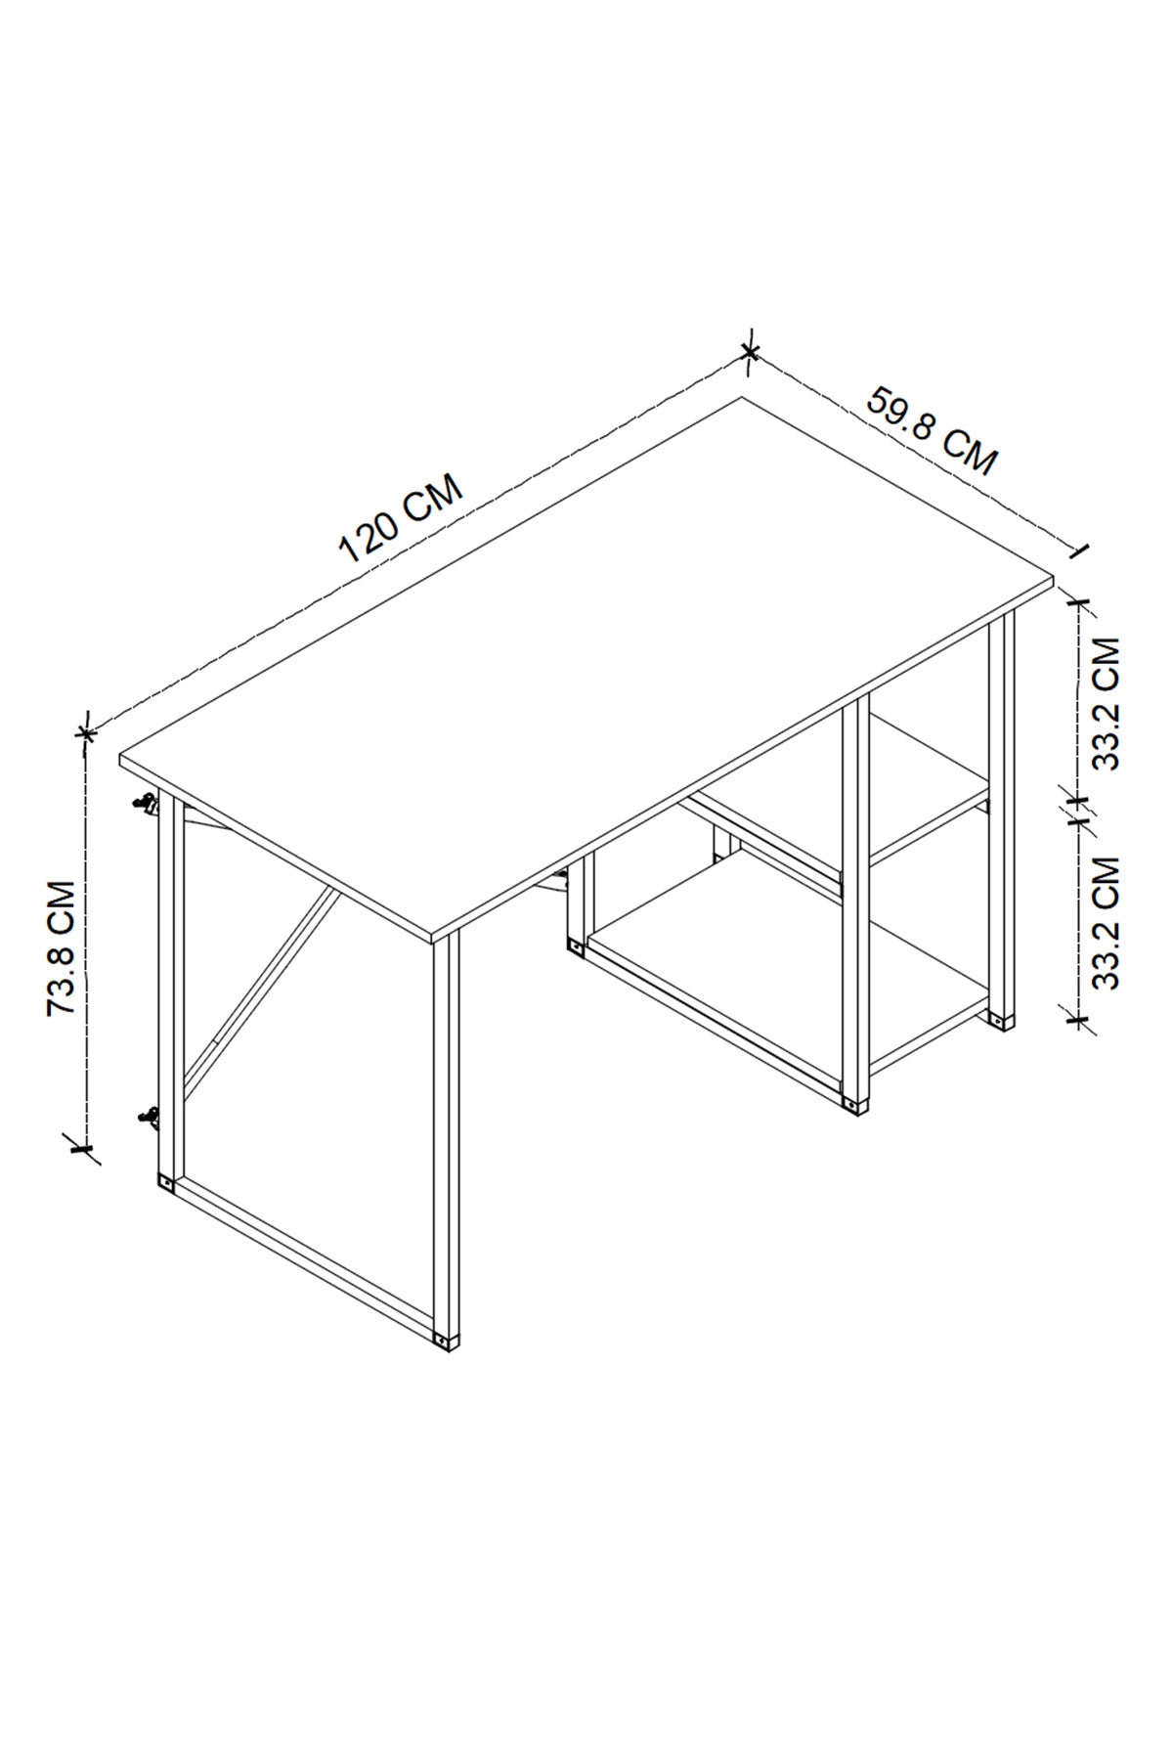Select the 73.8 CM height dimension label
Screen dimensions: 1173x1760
[x=62, y=948]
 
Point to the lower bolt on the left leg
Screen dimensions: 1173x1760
[x=149, y=1116]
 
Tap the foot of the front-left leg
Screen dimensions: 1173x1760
[x=446, y=1339]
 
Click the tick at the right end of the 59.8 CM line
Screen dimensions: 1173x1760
[x=1079, y=552]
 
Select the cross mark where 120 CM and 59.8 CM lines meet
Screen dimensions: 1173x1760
[x=750, y=351]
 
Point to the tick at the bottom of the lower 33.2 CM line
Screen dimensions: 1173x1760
[x=1078, y=1020]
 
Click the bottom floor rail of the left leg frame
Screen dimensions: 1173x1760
[x=307, y=1258]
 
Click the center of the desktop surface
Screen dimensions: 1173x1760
[x=586, y=665]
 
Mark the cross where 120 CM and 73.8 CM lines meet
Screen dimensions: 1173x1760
[x=86, y=730]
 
